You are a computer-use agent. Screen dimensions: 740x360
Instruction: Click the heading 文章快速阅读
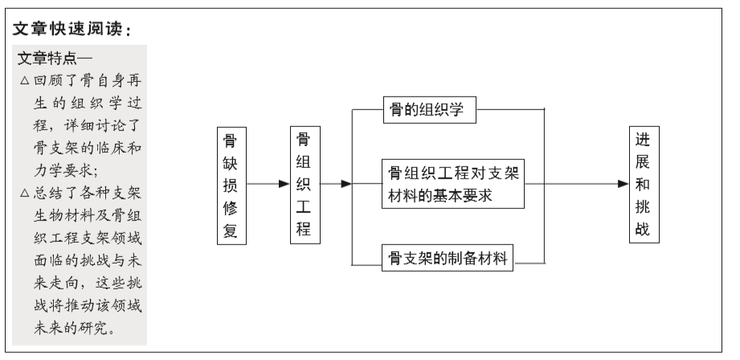[67, 29]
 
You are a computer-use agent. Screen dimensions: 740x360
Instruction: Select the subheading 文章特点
[47, 59]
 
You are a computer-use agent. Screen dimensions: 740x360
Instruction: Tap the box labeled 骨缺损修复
[231, 186]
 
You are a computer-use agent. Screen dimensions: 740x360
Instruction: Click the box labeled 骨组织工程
[305, 185]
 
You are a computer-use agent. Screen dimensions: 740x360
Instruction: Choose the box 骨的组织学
[430, 110]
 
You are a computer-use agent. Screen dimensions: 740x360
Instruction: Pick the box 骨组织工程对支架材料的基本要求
[453, 184]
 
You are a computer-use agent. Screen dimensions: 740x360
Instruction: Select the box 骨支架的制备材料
[448, 258]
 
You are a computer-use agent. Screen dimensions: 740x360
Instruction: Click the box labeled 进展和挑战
[644, 185]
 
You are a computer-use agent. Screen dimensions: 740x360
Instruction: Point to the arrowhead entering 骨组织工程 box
[284, 183]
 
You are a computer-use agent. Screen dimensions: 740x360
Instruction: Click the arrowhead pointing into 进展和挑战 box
[623, 183]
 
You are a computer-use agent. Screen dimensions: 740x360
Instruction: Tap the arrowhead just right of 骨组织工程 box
[346, 183]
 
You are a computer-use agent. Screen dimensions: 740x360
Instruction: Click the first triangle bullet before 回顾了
[25, 80]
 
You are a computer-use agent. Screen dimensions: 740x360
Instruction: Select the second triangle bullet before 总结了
[25, 193]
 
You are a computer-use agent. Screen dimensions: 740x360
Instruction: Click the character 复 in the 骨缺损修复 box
[231, 231]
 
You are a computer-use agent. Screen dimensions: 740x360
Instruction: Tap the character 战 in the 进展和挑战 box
[643, 229]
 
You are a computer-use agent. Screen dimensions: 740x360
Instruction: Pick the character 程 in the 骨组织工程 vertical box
[304, 229]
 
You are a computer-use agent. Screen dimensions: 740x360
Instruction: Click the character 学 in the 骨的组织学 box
[456, 110]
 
